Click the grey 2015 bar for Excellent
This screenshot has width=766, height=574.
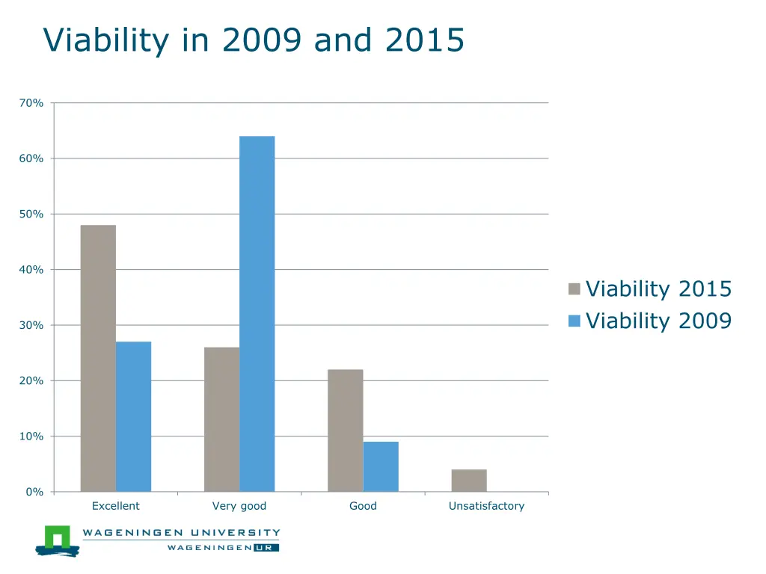point(98,358)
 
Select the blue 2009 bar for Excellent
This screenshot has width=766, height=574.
point(133,416)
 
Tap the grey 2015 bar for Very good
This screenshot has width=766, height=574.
point(221,419)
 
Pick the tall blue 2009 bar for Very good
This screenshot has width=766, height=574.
point(257,314)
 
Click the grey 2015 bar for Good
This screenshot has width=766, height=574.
point(345,430)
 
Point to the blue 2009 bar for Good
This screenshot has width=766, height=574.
point(381,466)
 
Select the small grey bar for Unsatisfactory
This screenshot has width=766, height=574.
point(469,481)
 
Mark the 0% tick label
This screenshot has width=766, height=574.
point(34,492)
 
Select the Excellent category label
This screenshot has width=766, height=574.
point(115,506)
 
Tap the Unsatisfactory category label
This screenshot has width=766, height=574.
point(486,506)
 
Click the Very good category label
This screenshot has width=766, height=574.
point(239,506)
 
